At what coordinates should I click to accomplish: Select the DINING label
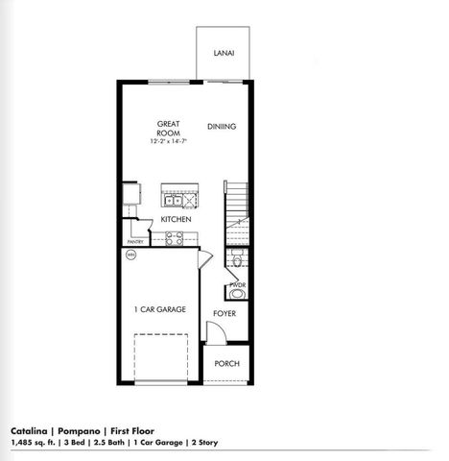click(222, 127)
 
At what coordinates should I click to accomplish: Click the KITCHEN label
click(176, 219)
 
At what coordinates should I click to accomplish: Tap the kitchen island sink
click(174, 202)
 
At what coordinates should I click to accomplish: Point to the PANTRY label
click(135, 242)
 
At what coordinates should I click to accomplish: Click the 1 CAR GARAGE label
click(159, 309)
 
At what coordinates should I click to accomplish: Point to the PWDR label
click(237, 285)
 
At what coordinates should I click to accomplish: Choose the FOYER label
click(224, 314)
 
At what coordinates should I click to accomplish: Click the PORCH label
click(226, 364)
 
